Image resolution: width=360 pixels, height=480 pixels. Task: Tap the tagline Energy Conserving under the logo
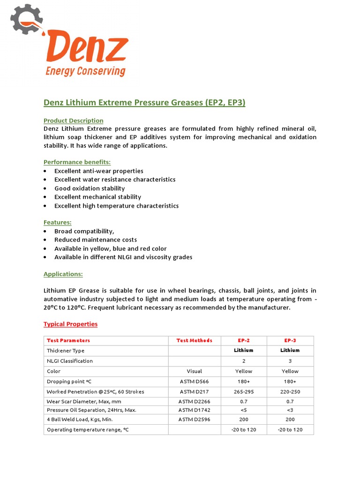pos(85,71)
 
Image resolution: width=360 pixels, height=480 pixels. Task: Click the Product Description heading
pos(74,120)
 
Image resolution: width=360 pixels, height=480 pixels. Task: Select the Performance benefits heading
pos(77,162)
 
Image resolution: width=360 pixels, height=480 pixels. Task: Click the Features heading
pos(57,222)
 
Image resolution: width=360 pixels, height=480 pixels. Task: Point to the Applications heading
pos(63,274)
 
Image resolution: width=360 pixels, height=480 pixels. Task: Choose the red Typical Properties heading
pos(70,324)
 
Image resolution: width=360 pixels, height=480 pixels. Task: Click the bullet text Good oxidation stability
pos(90,188)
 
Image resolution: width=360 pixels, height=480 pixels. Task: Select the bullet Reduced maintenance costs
pos(96,240)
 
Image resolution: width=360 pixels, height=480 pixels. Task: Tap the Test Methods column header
pos(194,340)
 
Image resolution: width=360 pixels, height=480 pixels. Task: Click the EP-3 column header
pos(290,340)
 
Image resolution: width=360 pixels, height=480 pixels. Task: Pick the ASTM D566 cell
pos(194,382)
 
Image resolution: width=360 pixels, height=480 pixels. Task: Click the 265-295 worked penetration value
pos(243,392)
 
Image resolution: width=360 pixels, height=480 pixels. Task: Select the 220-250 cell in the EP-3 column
pos(290,392)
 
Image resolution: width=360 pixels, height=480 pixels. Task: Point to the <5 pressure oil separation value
pos(243,410)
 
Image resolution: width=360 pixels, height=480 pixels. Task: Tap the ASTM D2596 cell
pos(194,419)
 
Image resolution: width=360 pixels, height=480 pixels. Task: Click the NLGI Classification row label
pos(70,361)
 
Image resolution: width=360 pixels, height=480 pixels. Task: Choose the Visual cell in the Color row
pos(194,371)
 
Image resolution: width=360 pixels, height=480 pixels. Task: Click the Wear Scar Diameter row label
pos(84,402)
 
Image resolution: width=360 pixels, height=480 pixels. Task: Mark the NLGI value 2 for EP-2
pos(243,361)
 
